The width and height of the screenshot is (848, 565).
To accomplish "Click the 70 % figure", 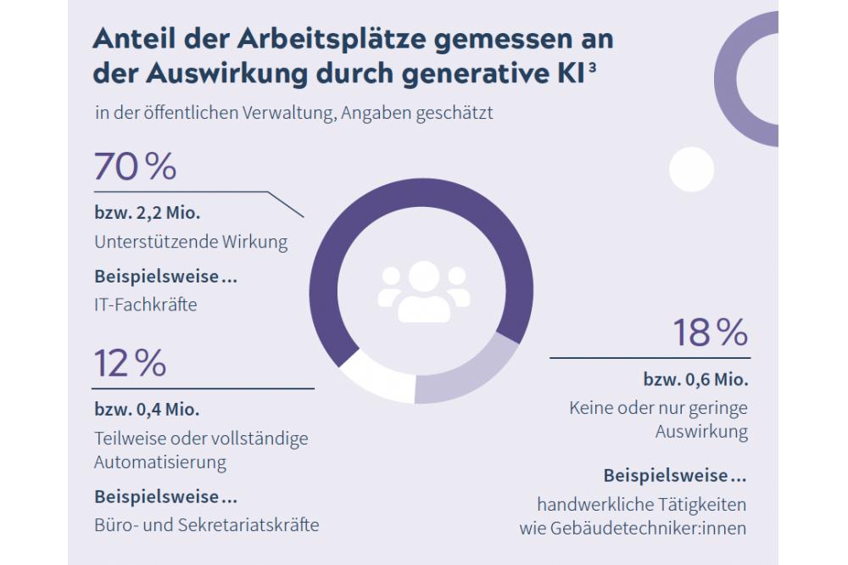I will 135,167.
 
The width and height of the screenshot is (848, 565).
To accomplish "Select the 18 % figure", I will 710,333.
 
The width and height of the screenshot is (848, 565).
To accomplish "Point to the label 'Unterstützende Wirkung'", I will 191,242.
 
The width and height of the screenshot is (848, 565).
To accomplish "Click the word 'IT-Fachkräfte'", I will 145,303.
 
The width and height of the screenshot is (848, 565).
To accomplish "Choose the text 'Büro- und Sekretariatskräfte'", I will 206,524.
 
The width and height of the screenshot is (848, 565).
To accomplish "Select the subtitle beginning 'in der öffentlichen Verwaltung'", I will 293,115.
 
